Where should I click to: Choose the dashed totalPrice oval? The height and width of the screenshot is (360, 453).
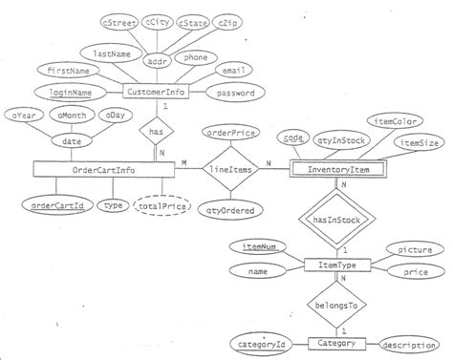(x=161, y=205)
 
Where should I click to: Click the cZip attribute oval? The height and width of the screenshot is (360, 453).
(x=228, y=21)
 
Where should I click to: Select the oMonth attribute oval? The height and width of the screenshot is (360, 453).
(x=69, y=116)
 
